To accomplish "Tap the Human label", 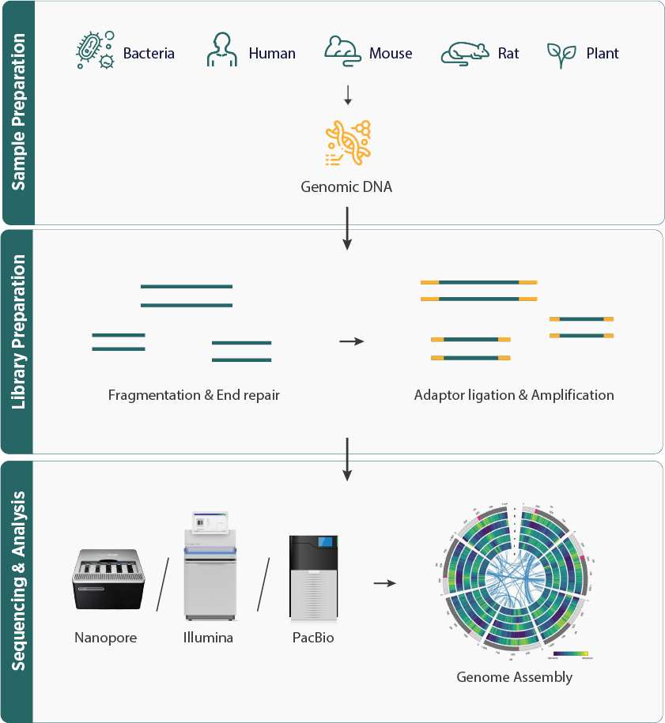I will pos(272,54).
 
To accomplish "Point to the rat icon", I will pos(464,52).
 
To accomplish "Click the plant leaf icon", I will pos(561,53).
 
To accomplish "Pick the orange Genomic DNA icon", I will pos(348,143).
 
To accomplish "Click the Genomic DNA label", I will pos(348,187).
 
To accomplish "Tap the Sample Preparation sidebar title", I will pos(18,112).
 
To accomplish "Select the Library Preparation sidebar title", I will pos(18,342).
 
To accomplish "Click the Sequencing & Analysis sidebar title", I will pos(18,591).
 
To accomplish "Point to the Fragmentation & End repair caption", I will pos(194,394).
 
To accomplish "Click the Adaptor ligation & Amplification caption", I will pos(514,394).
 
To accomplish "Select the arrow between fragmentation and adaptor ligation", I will pos(351,341).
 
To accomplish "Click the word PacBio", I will pos(312,637).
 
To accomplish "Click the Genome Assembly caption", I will pos(514,677).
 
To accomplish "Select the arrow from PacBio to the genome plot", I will pos(384,583).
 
